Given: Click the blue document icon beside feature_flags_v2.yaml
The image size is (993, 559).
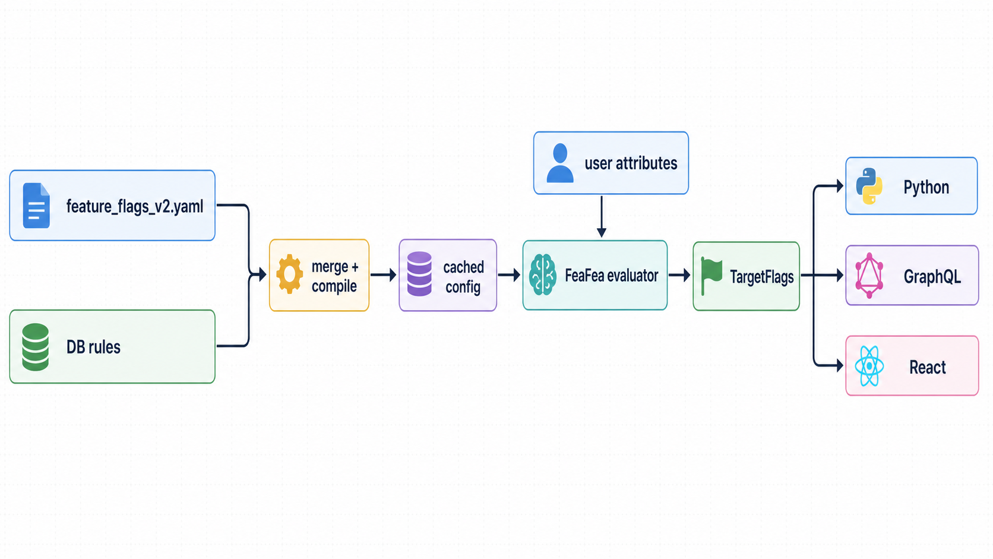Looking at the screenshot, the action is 36,206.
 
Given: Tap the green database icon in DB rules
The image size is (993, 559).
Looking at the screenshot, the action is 36,347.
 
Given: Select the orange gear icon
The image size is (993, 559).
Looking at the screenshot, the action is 289,274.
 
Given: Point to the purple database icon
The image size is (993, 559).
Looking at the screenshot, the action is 419,273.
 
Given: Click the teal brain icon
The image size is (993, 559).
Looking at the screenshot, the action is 543,274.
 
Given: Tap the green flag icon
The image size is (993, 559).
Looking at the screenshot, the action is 711,276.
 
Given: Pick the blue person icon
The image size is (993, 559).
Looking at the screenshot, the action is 560,163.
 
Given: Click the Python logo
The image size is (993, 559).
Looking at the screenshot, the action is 869,186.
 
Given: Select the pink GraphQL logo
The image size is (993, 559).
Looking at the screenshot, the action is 869,275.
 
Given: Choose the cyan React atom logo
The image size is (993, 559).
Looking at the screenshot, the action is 869,366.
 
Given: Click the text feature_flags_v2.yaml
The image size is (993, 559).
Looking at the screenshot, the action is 135,207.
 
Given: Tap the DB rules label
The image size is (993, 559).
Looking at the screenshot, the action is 93,347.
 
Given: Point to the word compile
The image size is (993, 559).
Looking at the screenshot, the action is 334,286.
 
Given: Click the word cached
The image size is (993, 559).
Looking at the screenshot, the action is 464,267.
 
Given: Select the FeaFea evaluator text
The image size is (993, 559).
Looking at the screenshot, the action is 612,276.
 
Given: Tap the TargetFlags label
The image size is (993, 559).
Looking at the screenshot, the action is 762,277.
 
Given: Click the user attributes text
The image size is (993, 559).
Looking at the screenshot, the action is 631,163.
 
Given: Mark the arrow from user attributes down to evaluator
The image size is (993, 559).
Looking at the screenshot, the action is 602,216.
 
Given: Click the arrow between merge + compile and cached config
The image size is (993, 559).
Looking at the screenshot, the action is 384,275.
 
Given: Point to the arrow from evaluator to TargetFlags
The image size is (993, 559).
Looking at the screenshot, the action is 679,275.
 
